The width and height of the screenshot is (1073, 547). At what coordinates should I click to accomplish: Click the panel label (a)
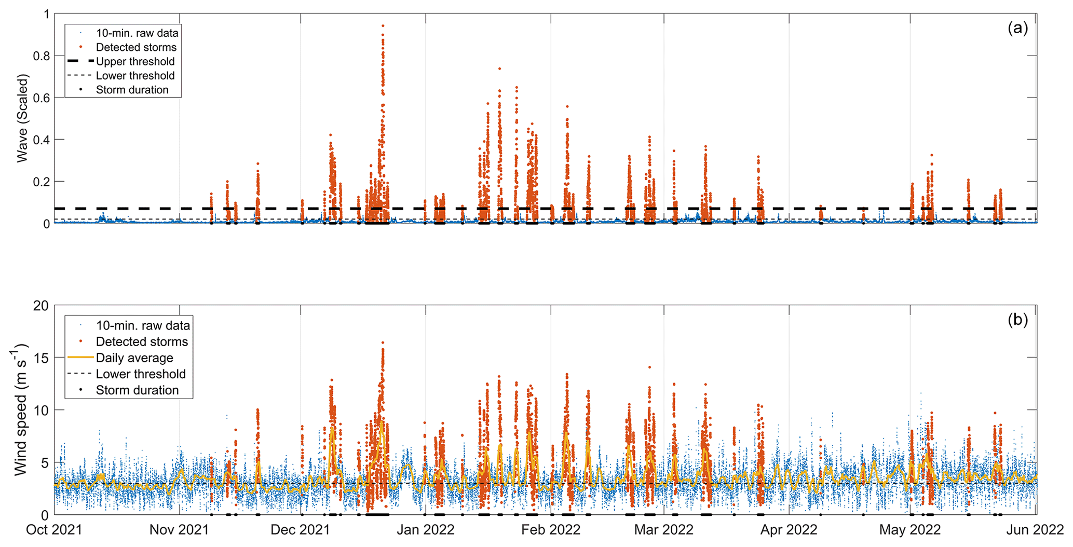1017,28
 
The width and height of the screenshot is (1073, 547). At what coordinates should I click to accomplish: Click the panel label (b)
1017,320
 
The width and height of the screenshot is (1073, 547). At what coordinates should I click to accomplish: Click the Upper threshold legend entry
135,61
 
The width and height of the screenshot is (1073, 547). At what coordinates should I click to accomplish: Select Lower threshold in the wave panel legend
135,76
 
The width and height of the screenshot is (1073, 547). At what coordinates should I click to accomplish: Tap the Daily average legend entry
134,358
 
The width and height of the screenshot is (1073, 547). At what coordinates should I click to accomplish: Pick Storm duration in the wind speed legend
137,390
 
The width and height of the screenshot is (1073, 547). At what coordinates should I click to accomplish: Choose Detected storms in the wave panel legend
136,47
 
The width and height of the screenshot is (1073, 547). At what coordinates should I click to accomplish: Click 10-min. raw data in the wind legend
143,325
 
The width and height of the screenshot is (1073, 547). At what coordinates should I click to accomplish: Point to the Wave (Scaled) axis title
22,118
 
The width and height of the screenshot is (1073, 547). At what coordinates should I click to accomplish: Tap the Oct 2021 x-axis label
54,530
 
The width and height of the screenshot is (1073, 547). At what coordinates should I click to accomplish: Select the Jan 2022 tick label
426,530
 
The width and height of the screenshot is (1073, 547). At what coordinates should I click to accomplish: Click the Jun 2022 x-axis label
1037,530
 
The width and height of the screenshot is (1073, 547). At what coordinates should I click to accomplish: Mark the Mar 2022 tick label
663,530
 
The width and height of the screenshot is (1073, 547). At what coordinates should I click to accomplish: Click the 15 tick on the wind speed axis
40,358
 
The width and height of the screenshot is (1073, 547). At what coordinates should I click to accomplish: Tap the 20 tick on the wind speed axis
40,306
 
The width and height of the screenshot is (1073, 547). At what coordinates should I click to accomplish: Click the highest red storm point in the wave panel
383,25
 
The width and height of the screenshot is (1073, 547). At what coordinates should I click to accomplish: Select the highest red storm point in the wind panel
383,343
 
